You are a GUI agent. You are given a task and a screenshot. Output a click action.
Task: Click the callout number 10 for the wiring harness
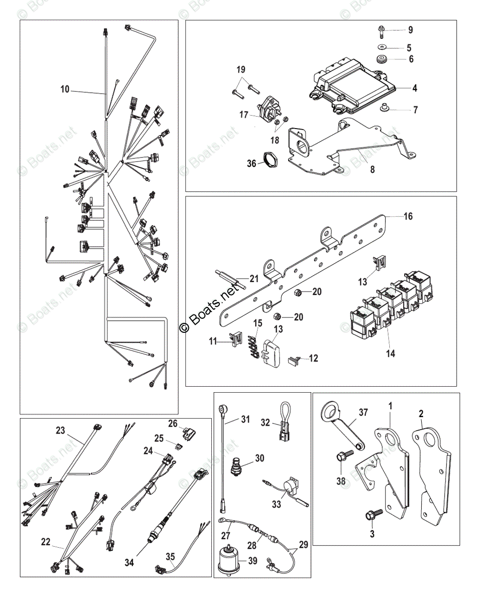[x=65, y=90]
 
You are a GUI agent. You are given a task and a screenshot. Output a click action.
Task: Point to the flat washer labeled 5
[x=381, y=47]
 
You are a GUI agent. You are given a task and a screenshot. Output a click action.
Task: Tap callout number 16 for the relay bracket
[x=408, y=217]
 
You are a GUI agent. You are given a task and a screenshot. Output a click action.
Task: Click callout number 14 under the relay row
[x=390, y=353]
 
